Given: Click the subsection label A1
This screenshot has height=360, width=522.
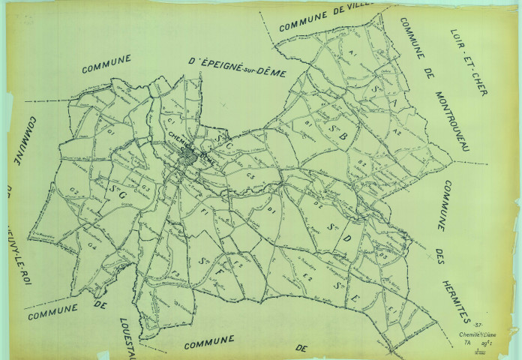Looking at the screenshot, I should coord(351,55).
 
